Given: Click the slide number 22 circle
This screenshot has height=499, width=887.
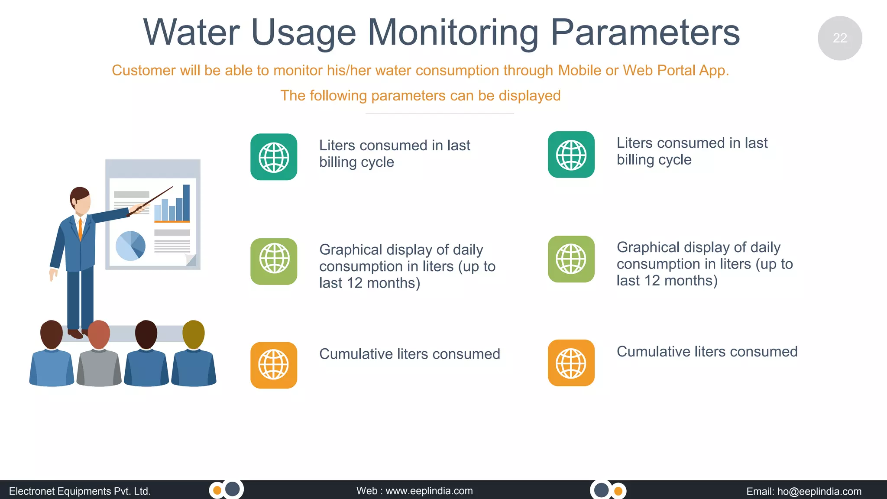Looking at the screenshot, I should [x=839, y=38].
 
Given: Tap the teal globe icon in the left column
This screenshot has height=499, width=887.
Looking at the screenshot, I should [x=274, y=157].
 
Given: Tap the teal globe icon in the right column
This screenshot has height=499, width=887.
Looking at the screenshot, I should [x=571, y=155].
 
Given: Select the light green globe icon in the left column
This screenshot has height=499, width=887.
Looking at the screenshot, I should [x=274, y=261].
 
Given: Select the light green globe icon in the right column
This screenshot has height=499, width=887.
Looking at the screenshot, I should [x=571, y=259].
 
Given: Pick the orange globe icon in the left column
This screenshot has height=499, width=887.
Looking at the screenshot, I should [x=274, y=365].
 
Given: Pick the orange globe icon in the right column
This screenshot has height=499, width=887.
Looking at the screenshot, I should [x=571, y=363].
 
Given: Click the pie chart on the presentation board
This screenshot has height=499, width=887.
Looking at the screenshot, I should [x=130, y=246].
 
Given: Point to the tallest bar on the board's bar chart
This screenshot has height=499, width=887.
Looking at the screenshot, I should [x=186, y=203].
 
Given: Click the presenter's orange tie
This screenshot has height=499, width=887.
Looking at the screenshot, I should [x=80, y=230].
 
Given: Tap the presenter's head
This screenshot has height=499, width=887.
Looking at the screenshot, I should [x=81, y=201].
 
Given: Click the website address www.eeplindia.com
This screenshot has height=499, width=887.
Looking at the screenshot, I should [x=429, y=491].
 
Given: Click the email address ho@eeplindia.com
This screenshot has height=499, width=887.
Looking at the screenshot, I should [x=819, y=491].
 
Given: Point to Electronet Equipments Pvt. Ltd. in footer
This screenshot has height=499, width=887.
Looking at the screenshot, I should [x=80, y=491].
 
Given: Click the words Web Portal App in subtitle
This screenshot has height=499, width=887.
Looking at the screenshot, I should [x=676, y=70].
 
